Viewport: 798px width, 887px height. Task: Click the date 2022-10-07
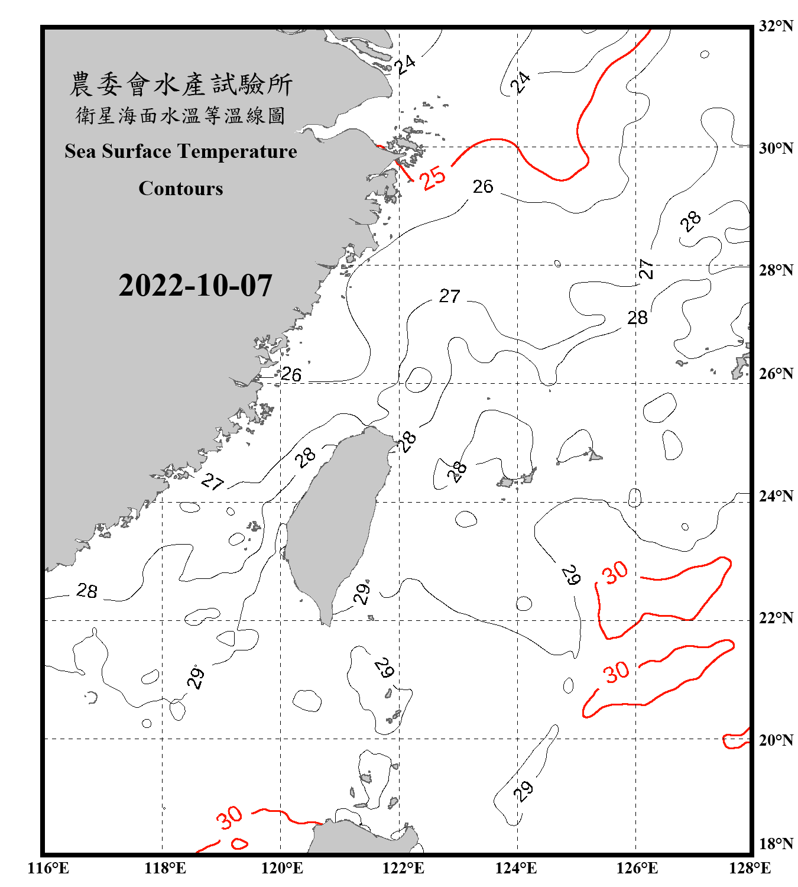point(195,286)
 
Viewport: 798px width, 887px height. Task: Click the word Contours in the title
point(181,189)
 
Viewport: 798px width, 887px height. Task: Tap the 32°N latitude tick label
point(776,26)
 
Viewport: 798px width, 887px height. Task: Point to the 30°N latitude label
point(776,148)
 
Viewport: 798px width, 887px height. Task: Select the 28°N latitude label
point(776,270)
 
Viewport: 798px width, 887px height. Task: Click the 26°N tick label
point(776,374)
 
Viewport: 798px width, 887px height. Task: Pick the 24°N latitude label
point(776,496)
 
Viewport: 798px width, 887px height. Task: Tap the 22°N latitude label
point(776,618)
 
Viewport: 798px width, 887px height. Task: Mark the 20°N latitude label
point(776,740)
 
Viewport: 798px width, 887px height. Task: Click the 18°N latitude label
point(776,844)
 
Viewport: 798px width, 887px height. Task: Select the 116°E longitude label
point(48,868)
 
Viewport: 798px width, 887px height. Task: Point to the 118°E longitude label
point(165,868)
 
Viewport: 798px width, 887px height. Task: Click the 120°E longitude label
point(282,868)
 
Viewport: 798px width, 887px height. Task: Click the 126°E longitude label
point(637,868)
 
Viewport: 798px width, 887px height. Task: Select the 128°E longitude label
point(750,868)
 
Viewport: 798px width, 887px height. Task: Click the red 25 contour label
point(433,177)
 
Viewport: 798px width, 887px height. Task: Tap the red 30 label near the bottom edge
point(229,817)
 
